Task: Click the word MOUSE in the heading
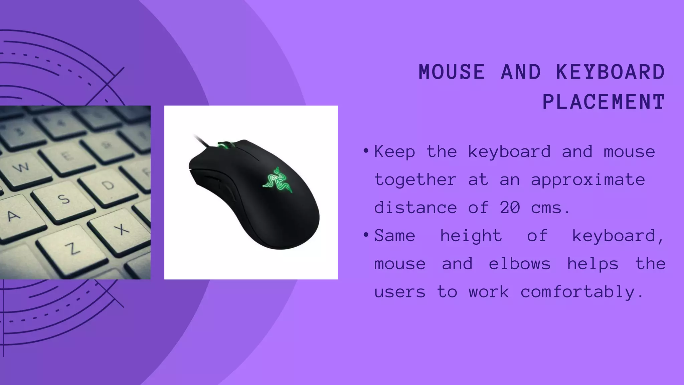pos(452,72)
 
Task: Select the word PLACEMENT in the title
pos(604,102)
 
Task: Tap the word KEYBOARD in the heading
pos(611,72)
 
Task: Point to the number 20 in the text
pos(510,208)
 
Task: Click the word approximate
pos(588,180)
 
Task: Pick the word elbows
pos(520,264)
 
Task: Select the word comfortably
pos(582,292)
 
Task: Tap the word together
pos(415,180)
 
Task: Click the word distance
pos(415,208)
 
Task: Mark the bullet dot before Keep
pos(366,151)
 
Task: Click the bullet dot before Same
pos(366,235)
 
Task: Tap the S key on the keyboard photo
pos(64,200)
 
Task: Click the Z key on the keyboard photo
pos(72,248)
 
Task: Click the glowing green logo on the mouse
pos(278,180)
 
